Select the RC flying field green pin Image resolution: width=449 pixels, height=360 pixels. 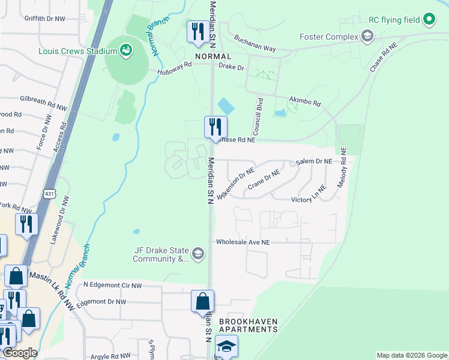tap(429, 20)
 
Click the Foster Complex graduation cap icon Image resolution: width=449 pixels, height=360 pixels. tap(367, 37)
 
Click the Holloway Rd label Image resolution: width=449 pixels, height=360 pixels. tap(175, 71)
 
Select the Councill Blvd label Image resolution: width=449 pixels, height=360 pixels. tap(258, 116)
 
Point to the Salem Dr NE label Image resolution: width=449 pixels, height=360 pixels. tap(314, 162)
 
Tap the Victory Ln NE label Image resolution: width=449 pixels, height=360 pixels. tap(309, 199)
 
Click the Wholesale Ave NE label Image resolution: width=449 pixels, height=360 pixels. tap(243, 242)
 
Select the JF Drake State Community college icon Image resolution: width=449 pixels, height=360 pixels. tap(199, 254)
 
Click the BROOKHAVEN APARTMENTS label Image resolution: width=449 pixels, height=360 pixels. tap(248, 326)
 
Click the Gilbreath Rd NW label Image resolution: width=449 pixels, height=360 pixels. tap(43, 102)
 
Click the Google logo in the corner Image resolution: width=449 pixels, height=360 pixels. tap(19, 352)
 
